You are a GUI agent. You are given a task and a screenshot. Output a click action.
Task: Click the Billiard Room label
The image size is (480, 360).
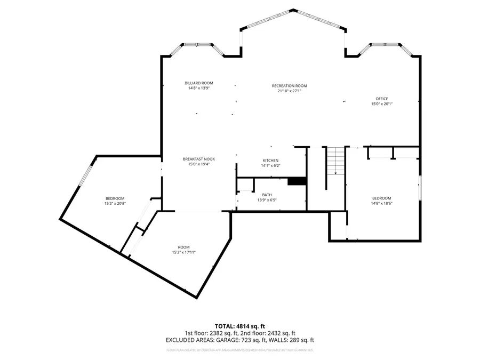pyautogui.click(x=199, y=83)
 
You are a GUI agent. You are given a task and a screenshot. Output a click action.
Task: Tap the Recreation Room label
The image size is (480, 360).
pyautogui.click(x=289, y=86)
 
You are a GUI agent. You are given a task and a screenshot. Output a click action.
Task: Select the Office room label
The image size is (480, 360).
pyautogui.click(x=381, y=99)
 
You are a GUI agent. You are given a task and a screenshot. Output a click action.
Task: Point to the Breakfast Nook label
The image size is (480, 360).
pyautogui.click(x=198, y=159)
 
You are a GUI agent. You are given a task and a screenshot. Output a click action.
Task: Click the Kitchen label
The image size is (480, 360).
pyautogui.click(x=270, y=161)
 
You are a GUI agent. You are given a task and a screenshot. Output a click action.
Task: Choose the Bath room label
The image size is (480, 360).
pyautogui.click(x=267, y=195)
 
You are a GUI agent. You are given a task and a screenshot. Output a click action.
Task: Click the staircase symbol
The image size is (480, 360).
pyautogui.click(x=335, y=161)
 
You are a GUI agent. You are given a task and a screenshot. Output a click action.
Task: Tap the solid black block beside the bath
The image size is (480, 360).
pyautogui.click(x=296, y=181)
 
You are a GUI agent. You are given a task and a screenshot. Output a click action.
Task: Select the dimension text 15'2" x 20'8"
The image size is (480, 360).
pyautogui.click(x=115, y=203)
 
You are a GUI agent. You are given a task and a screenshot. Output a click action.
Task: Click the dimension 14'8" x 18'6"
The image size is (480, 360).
pyautogui.click(x=381, y=203)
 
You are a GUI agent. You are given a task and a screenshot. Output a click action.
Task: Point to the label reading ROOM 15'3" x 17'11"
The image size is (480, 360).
pyautogui.click(x=183, y=250)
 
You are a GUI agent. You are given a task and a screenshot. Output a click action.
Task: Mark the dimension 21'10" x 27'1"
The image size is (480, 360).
pyautogui.click(x=289, y=91)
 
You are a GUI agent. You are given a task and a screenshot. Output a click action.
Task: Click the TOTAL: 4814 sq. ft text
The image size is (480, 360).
pyautogui.click(x=239, y=325)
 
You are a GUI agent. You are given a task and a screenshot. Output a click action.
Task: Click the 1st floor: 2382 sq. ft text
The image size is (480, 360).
pyautogui.click(x=211, y=333)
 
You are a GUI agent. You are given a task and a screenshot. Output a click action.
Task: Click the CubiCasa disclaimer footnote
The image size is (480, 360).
pyautogui.click(x=239, y=350)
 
